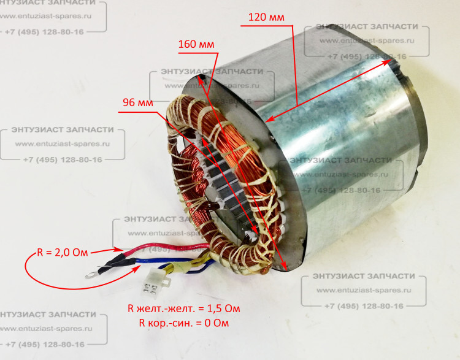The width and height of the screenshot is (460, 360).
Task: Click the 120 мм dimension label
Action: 266,18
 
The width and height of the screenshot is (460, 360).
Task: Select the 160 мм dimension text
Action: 196,45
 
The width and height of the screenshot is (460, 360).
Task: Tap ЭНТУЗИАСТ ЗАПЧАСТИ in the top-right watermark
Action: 366,26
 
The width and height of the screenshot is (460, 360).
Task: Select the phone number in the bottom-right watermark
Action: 364,305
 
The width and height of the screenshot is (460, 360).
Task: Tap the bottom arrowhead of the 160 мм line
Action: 286,268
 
